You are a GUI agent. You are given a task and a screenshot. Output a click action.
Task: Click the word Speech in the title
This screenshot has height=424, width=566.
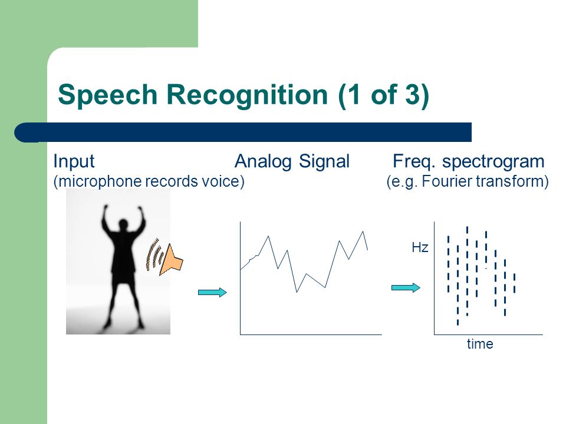[x=107, y=95]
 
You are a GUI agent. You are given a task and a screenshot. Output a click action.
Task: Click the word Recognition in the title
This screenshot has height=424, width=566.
[x=247, y=95]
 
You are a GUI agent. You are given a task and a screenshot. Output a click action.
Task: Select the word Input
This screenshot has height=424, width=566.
[x=74, y=161]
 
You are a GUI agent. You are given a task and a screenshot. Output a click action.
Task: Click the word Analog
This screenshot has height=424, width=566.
[x=263, y=161]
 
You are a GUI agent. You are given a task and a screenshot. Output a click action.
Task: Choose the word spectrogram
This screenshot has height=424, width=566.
[x=493, y=161]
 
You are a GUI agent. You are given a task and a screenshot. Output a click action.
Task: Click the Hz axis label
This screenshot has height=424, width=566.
[x=420, y=247]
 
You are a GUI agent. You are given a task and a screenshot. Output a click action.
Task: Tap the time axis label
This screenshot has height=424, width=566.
[x=480, y=344]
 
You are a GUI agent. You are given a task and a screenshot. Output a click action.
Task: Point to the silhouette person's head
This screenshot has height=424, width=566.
[x=124, y=224]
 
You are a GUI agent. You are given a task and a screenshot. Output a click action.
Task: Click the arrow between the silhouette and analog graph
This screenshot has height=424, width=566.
[x=212, y=292]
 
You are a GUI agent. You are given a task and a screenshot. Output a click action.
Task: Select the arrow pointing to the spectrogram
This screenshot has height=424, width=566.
[x=406, y=287]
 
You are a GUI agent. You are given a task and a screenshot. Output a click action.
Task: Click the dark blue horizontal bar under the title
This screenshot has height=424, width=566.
[x=242, y=132]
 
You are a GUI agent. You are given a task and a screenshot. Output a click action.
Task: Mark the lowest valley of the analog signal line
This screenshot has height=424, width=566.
[x=297, y=291]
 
